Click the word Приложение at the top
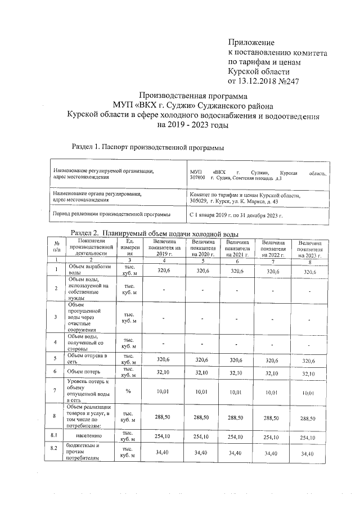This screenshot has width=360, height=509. click(x=251, y=43)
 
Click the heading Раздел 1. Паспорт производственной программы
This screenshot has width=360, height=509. click(x=148, y=147)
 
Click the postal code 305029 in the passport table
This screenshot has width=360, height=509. click(x=200, y=200)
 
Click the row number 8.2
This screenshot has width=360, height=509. click(x=54, y=449)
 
